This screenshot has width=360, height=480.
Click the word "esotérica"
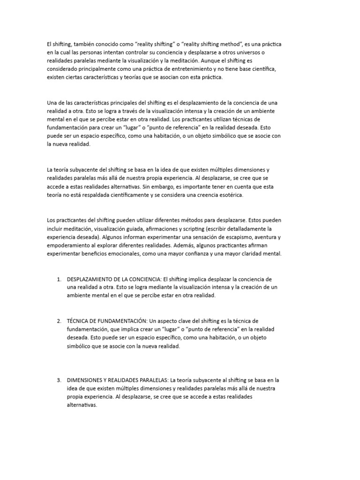pyautogui.click(x=229, y=195)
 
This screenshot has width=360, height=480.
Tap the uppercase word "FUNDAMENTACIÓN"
pyautogui.click(x=119, y=321)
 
